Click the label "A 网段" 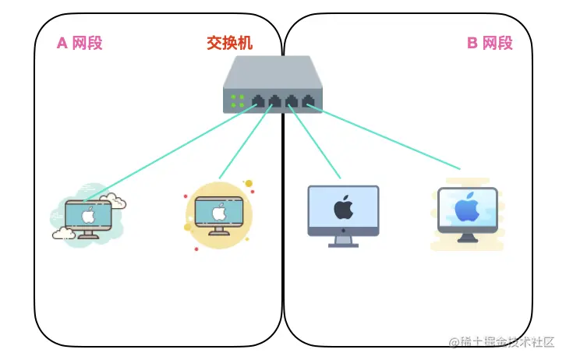pos(80,44)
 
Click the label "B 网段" pos(490,44)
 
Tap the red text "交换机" pos(230,44)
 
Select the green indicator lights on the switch pos(237,101)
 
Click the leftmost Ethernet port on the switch pos(257,101)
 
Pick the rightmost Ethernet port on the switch pos(310,101)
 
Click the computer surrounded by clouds pos(88,215)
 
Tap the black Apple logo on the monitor pos(342,207)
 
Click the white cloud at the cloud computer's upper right pos(117,203)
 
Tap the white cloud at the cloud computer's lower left pos(62,232)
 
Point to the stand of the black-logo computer pos(343,241)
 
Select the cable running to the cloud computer pos(172,153)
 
